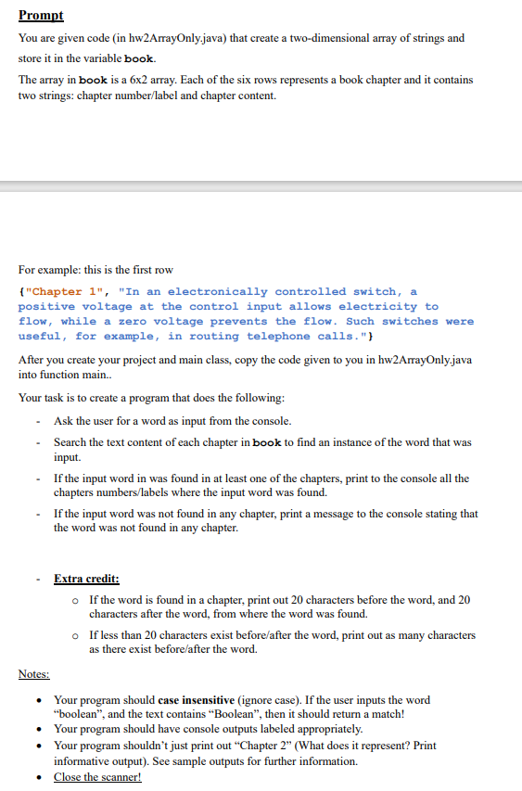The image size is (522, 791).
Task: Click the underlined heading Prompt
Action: (39, 16)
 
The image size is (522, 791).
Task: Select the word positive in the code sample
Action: (46, 306)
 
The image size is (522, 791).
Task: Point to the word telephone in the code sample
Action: (282, 336)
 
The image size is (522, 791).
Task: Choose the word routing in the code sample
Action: (211, 336)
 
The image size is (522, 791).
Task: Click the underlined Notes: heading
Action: (34, 674)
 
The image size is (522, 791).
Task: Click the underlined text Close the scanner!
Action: (97, 777)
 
